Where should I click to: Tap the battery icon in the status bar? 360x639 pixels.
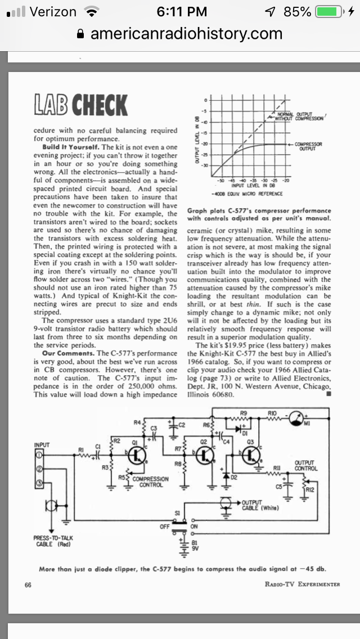328,12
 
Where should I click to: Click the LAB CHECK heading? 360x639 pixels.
79,105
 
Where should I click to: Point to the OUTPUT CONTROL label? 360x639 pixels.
306,465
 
